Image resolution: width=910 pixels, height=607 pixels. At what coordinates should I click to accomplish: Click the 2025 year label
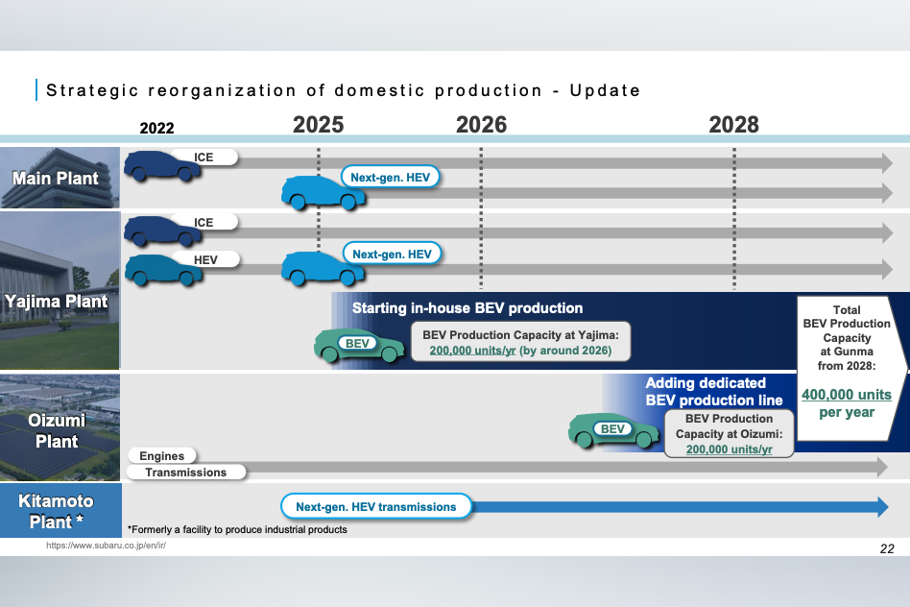tap(318, 124)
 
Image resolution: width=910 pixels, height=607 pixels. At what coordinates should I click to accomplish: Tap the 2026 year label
tap(481, 124)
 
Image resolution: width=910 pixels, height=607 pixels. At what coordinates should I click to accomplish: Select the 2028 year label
tap(733, 124)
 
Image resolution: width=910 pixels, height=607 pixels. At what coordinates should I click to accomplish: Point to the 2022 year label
tap(156, 128)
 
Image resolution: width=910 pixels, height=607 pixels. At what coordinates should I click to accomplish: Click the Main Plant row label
tap(56, 178)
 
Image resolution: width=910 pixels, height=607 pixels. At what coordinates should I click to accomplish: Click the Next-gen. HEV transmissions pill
tap(376, 506)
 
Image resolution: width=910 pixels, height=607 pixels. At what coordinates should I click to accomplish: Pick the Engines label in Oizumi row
tap(161, 455)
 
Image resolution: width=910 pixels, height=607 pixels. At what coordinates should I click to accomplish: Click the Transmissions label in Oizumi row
tap(185, 472)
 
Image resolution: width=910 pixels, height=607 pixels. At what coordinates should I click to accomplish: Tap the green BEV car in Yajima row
tap(358, 344)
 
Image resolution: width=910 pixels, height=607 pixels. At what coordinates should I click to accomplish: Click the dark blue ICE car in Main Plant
tap(162, 164)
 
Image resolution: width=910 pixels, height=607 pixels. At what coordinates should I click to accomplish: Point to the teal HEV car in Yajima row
tap(162, 268)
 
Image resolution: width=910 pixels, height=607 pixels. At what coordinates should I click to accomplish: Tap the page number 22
tap(886, 548)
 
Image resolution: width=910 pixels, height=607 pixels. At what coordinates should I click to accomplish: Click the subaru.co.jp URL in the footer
tap(107, 545)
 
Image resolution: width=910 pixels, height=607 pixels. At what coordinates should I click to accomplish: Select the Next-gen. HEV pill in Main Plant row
tap(391, 176)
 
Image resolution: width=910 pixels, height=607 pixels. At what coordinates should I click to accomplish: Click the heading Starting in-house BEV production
tap(467, 308)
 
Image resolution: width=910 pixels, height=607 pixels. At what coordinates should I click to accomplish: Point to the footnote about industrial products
tap(236, 529)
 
